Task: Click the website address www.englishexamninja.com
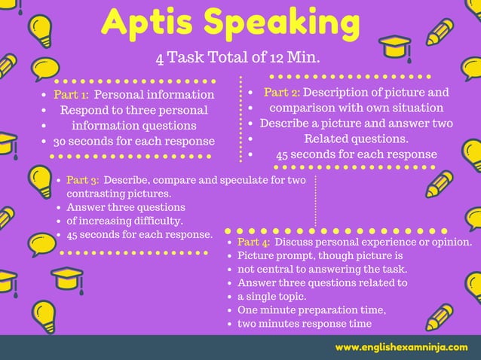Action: point(401,347)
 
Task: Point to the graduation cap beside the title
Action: point(394,47)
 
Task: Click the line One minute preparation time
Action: point(311,310)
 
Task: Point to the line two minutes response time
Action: point(305,324)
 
